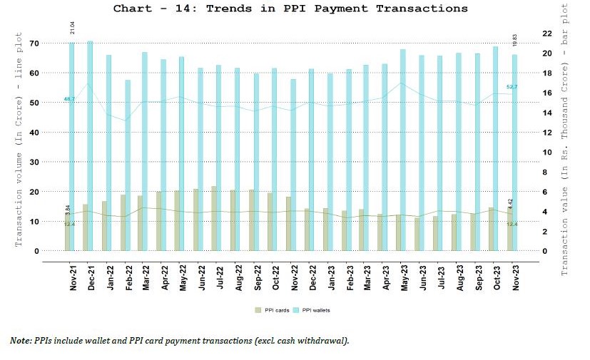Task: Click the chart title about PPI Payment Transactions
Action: pyautogui.click(x=290, y=9)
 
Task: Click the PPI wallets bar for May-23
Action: pyautogui.click(x=403, y=150)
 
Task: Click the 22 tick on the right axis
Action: pyautogui.click(x=547, y=34)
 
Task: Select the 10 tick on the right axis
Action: pyautogui.click(x=547, y=153)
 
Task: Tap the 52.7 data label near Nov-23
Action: pyautogui.click(x=512, y=87)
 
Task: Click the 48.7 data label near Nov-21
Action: pyautogui.click(x=69, y=99)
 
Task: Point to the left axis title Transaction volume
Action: pyautogui.click(x=19, y=143)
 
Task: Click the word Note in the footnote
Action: pyautogui.click(x=21, y=340)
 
